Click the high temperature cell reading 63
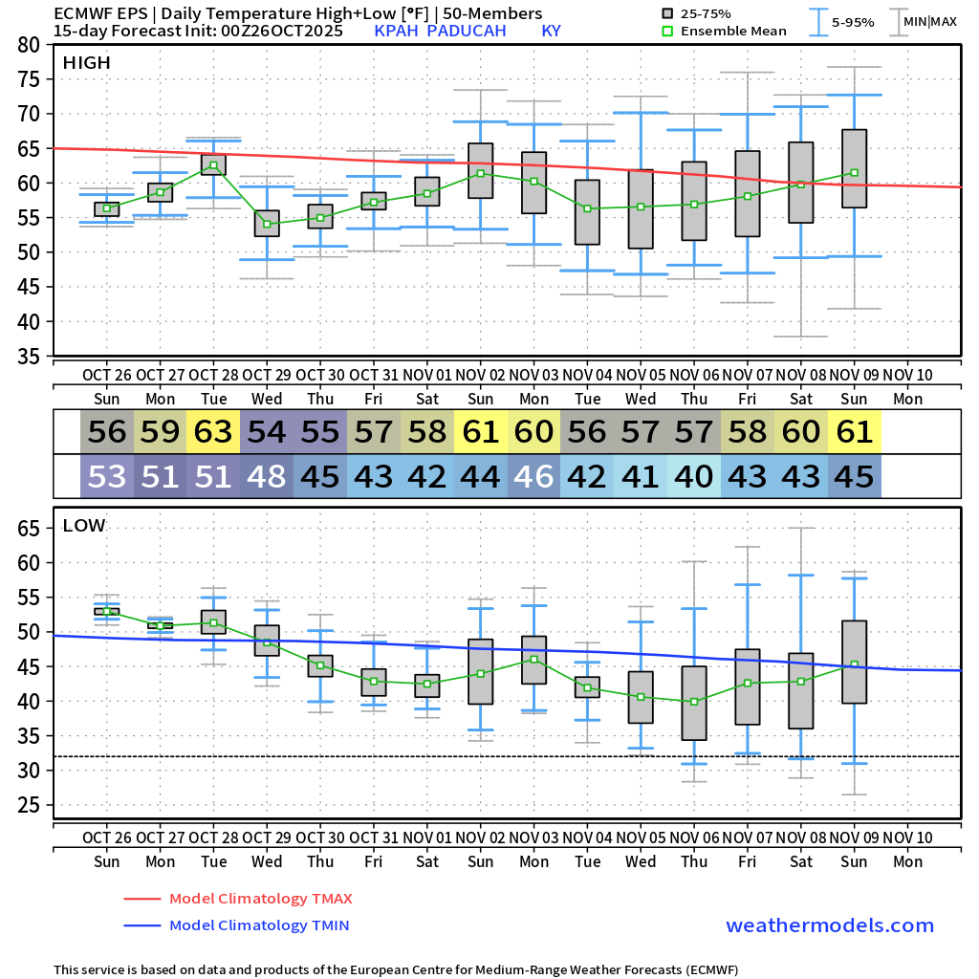tap(213, 432)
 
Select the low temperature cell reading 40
tap(694, 476)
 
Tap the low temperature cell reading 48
tap(267, 476)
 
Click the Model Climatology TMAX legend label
tap(260, 899)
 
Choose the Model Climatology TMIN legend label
tap(259, 925)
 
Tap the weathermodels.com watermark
tap(830, 925)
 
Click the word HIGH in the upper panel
tap(87, 63)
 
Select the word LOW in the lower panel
tap(84, 526)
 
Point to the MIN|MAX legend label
tap(929, 21)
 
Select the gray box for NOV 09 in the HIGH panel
tap(854, 168)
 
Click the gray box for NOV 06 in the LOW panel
tap(694, 703)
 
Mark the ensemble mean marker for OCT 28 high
tap(213, 165)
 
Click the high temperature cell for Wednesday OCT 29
tap(267, 432)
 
